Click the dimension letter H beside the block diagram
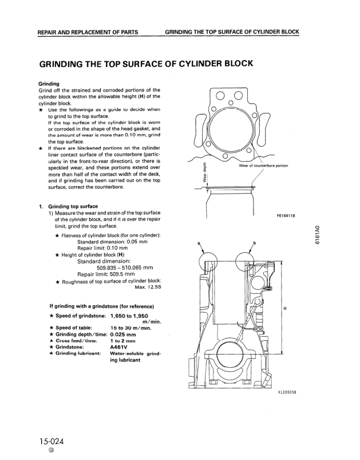pos(285,309)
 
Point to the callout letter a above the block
pos(199,243)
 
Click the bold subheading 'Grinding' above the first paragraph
pos(49,84)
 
